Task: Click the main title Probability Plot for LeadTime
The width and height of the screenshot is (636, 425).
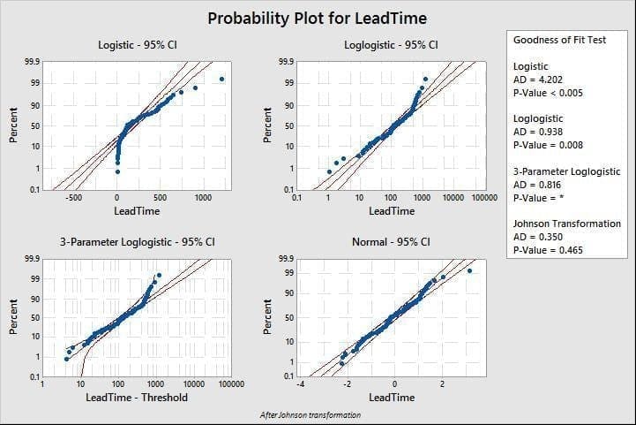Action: [x=317, y=18]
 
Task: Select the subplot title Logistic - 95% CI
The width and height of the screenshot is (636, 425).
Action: [x=140, y=44]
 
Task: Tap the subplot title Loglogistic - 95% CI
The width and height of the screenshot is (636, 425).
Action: [x=392, y=44]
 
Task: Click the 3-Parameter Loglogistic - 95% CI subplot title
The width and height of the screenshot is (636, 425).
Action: [x=138, y=241]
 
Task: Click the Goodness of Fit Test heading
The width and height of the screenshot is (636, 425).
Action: [x=559, y=40]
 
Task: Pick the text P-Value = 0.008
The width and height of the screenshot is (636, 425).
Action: [x=547, y=145]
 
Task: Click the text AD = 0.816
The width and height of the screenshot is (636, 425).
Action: [x=535, y=185]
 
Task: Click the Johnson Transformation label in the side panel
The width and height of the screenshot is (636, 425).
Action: [x=566, y=224]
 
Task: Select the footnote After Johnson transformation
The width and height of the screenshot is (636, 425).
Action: [x=311, y=414]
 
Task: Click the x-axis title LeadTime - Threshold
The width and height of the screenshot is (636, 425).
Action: [x=137, y=397]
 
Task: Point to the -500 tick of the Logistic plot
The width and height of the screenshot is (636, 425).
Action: [x=75, y=199]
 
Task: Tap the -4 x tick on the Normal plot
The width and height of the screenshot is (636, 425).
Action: [x=300, y=383]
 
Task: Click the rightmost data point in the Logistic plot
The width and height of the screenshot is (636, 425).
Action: [x=221, y=79]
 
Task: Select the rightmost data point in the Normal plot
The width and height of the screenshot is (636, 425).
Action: [x=470, y=271]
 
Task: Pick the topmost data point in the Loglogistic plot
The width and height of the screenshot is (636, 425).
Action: [x=425, y=79]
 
